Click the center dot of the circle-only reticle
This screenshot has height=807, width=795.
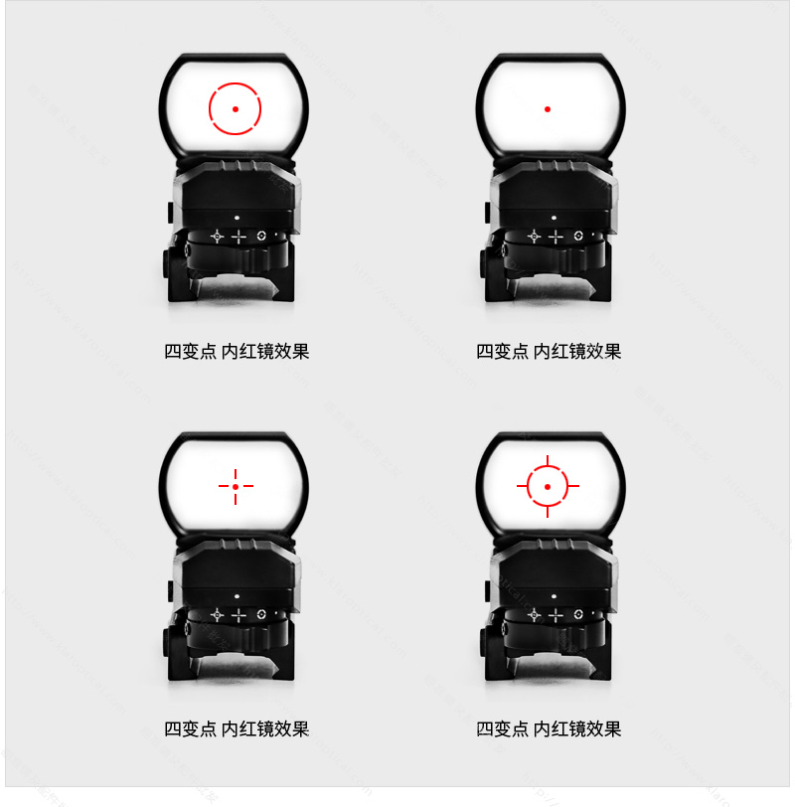pyautogui.click(x=235, y=108)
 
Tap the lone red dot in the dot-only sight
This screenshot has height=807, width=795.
pyautogui.click(x=548, y=108)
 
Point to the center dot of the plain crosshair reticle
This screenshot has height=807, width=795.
pyautogui.click(x=236, y=486)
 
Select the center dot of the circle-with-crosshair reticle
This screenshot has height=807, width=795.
pyautogui.click(x=548, y=486)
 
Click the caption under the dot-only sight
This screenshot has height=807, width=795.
pyautogui.click(x=549, y=351)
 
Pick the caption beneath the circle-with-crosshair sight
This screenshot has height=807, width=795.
pyautogui.click(x=549, y=728)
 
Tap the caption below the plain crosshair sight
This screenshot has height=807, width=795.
pyautogui.click(x=237, y=728)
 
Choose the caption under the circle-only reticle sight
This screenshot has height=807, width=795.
pyautogui.click(x=237, y=351)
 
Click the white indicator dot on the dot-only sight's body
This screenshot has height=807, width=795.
pyautogui.click(x=552, y=216)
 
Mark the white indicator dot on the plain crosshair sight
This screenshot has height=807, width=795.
pyautogui.click(x=238, y=594)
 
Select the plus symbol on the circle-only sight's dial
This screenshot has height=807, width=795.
pyautogui.click(x=238, y=237)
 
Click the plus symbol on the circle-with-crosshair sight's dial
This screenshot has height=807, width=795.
pyautogui.click(x=554, y=615)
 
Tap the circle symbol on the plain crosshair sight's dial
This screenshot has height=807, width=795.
pyautogui.click(x=261, y=614)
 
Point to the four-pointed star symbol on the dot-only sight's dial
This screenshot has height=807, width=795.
pyautogui.click(x=533, y=237)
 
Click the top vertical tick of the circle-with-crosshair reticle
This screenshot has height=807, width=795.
pyautogui.click(x=548, y=460)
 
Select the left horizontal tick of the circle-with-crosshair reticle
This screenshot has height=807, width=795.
pyautogui.click(x=522, y=486)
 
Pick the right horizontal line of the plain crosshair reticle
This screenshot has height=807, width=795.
pyautogui.click(x=247, y=486)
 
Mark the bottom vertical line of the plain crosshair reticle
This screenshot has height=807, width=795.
pyautogui.click(x=236, y=498)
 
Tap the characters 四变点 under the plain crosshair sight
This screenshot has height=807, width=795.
pyautogui.click(x=190, y=728)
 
